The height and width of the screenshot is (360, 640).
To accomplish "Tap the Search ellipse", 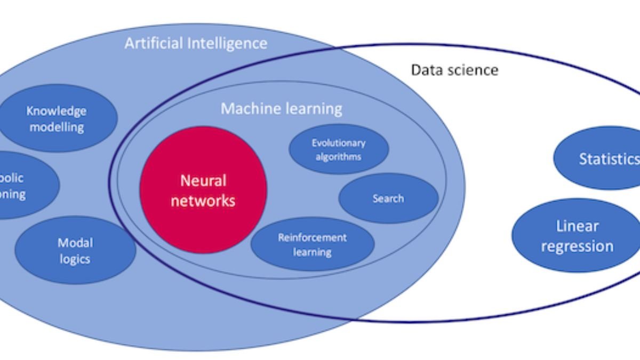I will [x=388, y=198].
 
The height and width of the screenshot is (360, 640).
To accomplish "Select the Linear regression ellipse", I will [x=577, y=236].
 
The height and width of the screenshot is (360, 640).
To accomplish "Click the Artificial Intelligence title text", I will [x=196, y=43].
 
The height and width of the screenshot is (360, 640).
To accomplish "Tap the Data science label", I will [x=454, y=70].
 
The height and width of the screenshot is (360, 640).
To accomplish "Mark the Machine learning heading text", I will [x=281, y=109].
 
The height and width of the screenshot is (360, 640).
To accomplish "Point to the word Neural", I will [x=203, y=181].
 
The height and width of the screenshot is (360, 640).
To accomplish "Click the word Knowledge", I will [x=56, y=111].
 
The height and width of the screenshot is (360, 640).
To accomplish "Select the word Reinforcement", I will [x=312, y=238].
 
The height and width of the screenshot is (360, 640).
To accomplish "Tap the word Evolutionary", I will [x=339, y=143].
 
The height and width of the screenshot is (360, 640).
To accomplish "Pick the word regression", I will [x=577, y=246].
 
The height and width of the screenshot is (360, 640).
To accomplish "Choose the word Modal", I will [x=75, y=243].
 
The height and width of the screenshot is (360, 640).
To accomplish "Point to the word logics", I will [x=75, y=259].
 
